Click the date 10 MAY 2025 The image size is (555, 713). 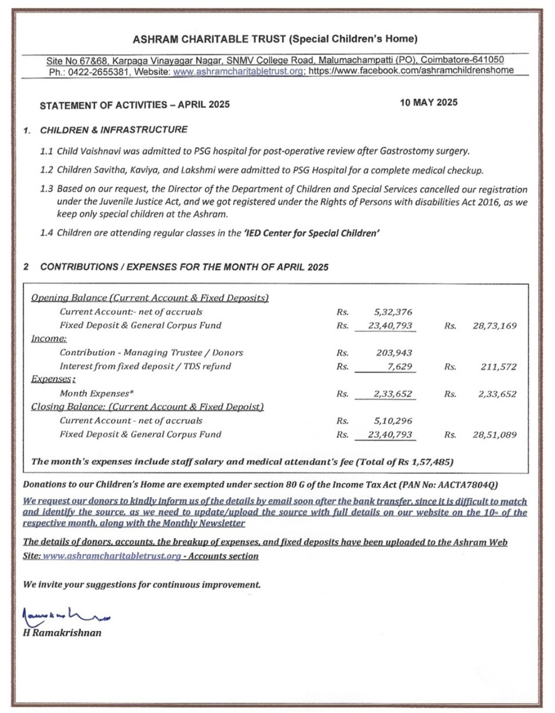pyautogui.click(x=428, y=103)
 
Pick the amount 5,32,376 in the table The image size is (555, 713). pyautogui.click(x=394, y=312)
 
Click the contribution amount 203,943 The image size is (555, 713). pyautogui.click(x=395, y=353)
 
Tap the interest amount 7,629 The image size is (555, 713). pyautogui.click(x=401, y=366)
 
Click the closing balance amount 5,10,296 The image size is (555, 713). pyautogui.click(x=394, y=420)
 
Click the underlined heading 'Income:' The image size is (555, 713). pyautogui.click(x=45, y=339)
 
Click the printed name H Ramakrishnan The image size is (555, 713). pyautogui.click(x=61, y=633)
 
